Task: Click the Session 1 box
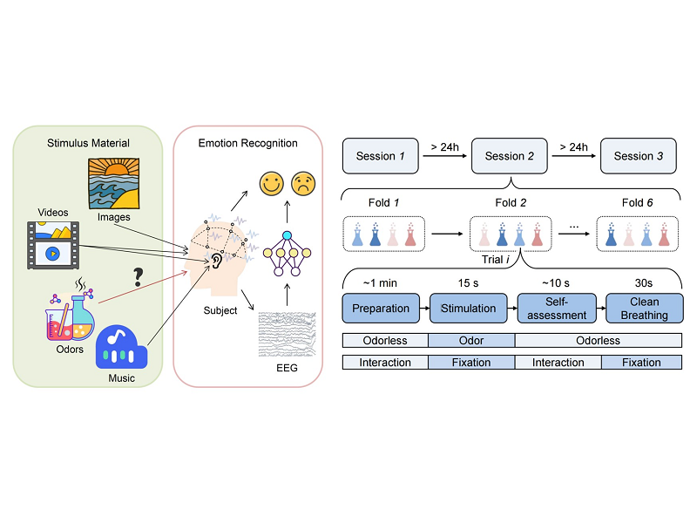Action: pyautogui.click(x=382, y=156)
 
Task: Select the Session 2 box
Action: pyautogui.click(x=510, y=156)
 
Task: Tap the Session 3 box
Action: pyautogui.click(x=639, y=156)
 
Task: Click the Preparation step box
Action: pyautogui.click(x=381, y=309)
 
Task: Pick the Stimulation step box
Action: pyautogui.click(x=468, y=309)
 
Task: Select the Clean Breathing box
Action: pyautogui.click(x=644, y=309)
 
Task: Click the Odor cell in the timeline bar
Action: pyautogui.click(x=471, y=341)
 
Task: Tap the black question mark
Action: pyautogui.click(x=138, y=277)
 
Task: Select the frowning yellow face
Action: pyautogui.click(x=304, y=184)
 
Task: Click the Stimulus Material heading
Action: pyautogui.click(x=89, y=143)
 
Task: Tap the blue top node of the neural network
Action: pyautogui.click(x=286, y=237)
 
